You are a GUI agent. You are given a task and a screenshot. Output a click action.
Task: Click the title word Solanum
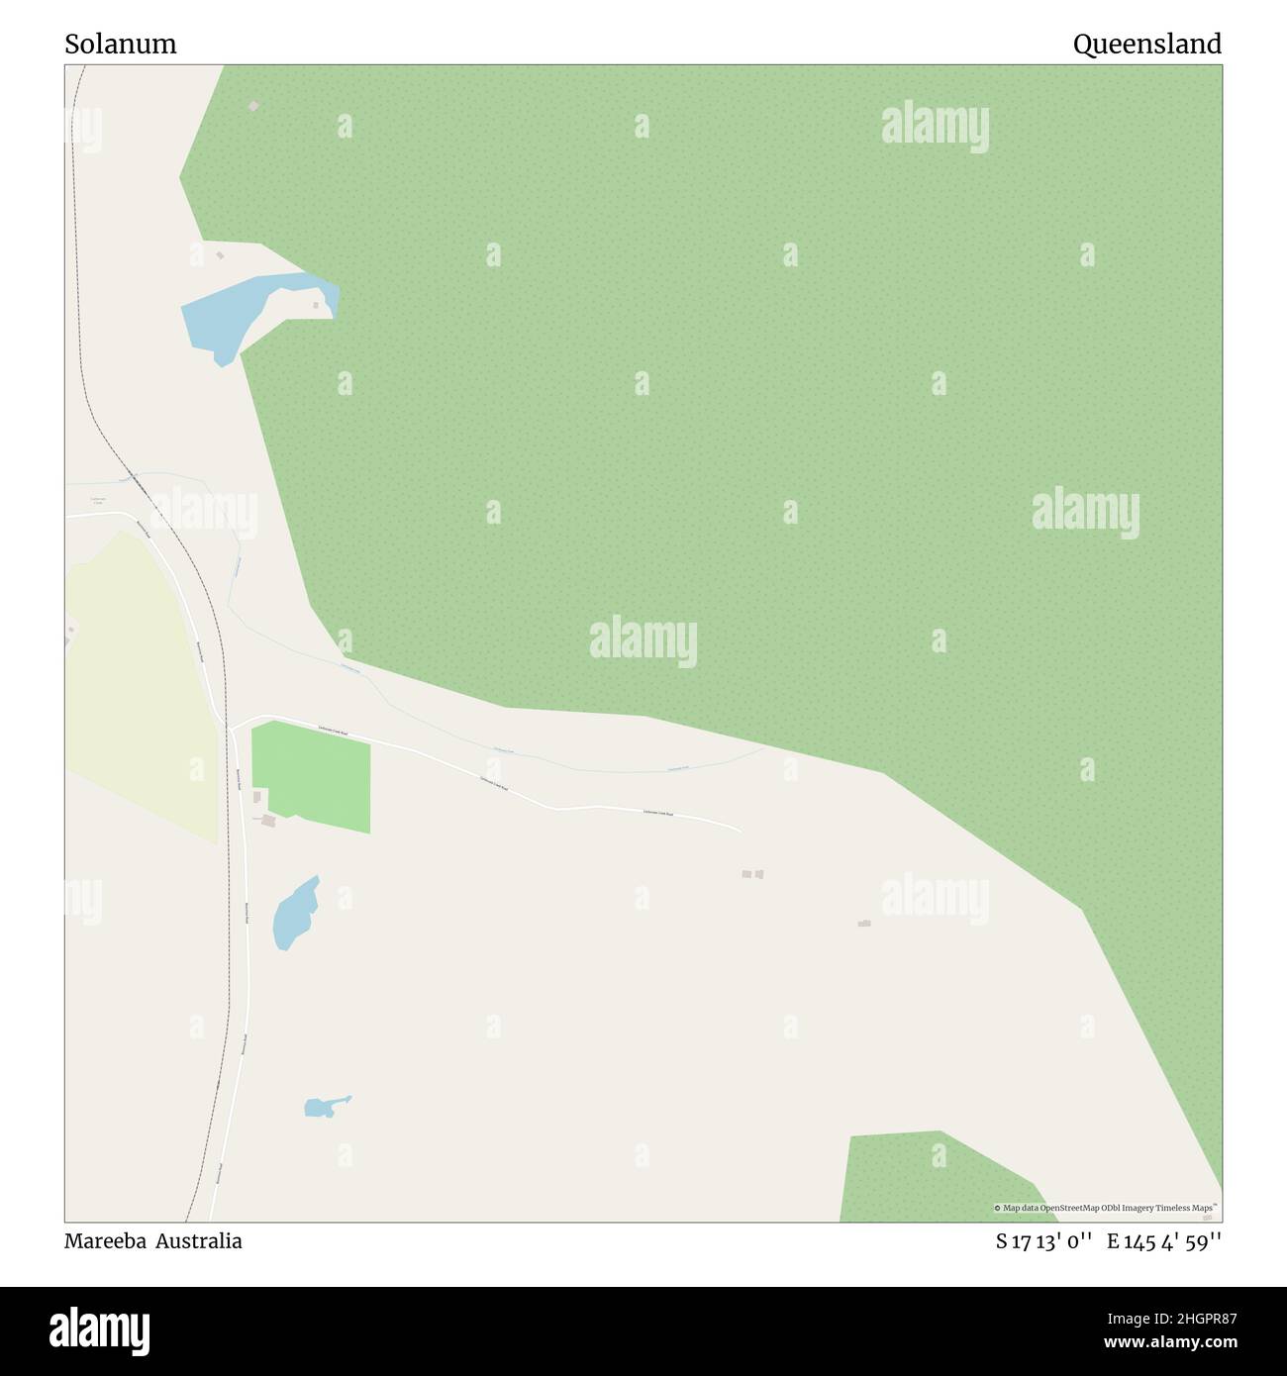tap(121, 45)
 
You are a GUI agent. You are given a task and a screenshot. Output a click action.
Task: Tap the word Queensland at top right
tap(1146, 45)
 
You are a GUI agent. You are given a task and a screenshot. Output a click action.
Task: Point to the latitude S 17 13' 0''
tap(1044, 1241)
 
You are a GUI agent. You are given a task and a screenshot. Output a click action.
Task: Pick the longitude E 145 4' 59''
tap(1164, 1241)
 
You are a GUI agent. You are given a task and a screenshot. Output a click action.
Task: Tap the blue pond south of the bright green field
tap(294, 914)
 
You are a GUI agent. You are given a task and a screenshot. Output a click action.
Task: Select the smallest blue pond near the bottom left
tap(321, 1108)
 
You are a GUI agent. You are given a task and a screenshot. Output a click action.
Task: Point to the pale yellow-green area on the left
tap(139, 683)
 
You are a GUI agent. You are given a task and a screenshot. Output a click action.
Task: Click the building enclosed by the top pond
tap(317, 305)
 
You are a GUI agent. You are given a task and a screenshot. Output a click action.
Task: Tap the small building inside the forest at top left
tap(254, 105)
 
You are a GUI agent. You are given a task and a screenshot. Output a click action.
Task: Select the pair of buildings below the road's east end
tap(752, 874)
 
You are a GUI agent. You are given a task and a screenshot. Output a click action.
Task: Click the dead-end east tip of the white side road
tap(740, 830)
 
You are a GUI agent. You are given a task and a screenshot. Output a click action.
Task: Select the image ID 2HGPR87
tap(1196, 1318)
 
